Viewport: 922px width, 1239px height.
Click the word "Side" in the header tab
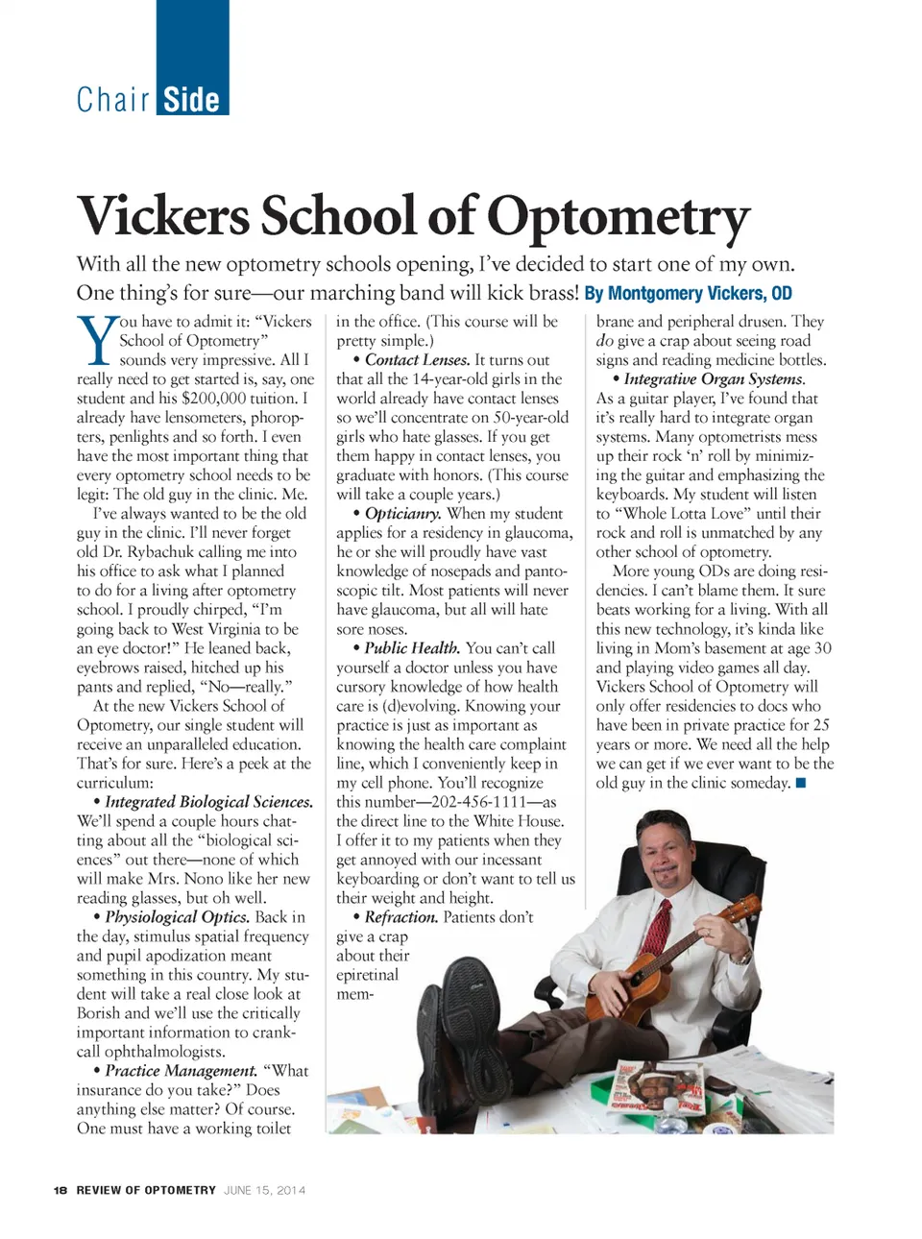pyautogui.click(x=191, y=99)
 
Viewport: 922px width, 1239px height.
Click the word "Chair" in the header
pyautogui.click(x=113, y=99)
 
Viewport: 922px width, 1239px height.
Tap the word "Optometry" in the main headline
pyautogui.click(x=619, y=216)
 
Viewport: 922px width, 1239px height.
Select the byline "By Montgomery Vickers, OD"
pyautogui.click(x=688, y=293)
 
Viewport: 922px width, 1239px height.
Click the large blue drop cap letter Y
pyautogui.click(x=96, y=341)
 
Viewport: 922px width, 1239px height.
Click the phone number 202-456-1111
pyautogui.click(x=473, y=802)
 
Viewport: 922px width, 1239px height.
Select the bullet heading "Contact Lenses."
pyautogui.click(x=417, y=359)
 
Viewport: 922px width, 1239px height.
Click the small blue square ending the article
pyautogui.click(x=801, y=783)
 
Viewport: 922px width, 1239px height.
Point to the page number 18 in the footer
pyautogui.click(x=61, y=1190)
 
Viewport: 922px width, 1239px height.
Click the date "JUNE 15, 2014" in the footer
pyautogui.click(x=264, y=1190)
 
